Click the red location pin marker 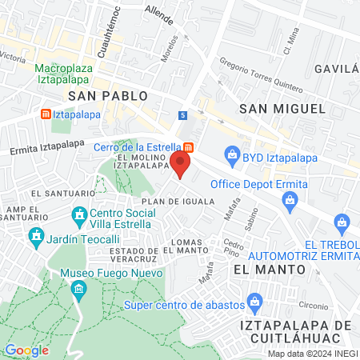(181, 165)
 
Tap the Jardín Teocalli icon (36, 236)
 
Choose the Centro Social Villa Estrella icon (78, 215)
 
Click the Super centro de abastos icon (256, 302)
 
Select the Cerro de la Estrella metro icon (188, 147)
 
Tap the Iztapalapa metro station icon (46, 114)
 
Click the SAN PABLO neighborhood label (108, 95)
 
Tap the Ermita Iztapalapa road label (46, 147)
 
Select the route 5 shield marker (183, 115)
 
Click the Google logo (26, 350)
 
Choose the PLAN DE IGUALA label (181, 202)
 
